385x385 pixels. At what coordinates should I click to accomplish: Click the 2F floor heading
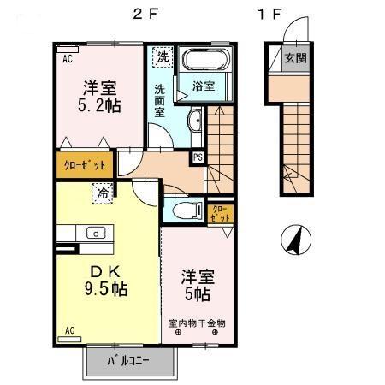pos(144,14)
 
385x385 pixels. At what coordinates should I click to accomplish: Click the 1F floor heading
pos(269,14)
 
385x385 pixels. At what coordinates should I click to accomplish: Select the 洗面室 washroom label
pos(161,100)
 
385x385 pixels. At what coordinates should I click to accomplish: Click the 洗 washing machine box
pos(161,57)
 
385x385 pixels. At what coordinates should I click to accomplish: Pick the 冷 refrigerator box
pos(102,192)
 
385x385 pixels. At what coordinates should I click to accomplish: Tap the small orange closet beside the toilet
pos(220,212)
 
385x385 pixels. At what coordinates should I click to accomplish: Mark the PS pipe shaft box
pos(198,157)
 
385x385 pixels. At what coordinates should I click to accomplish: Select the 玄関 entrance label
pos(296,59)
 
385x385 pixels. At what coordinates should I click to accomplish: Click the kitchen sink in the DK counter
pos(95,232)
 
